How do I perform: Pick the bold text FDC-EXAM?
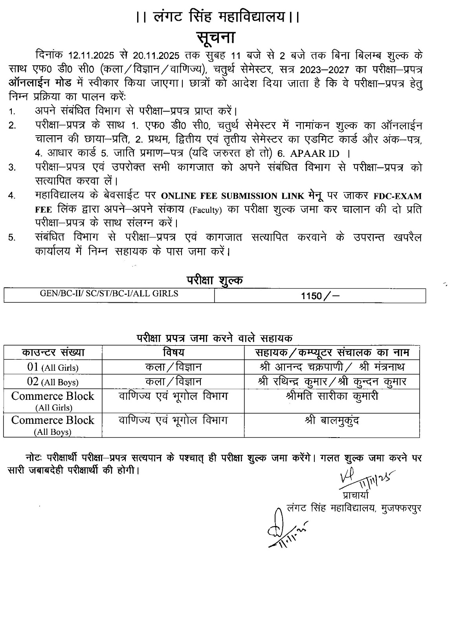pyautogui.click(x=396, y=196)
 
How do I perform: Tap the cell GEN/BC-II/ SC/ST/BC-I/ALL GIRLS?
pyautogui.click(x=109, y=294)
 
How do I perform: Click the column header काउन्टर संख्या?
pyautogui.click(x=53, y=352)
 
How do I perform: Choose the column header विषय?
pyautogui.click(x=173, y=352)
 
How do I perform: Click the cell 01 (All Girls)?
pyautogui.click(x=53, y=367)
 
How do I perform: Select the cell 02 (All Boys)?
pyautogui.click(x=53, y=382)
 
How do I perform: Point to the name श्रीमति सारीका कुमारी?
pyautogui.click(x=332, y=396)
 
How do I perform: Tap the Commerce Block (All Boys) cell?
pyautogui.click(x=53, y=425)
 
